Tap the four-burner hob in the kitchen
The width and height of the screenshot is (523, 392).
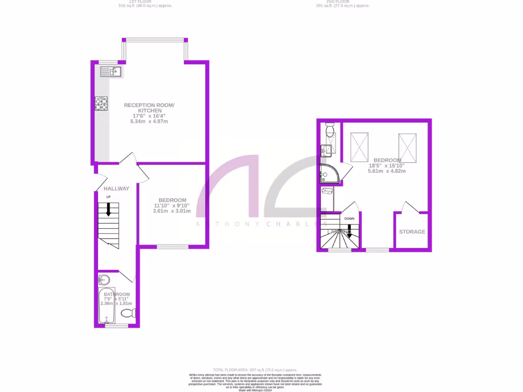coord(101,104)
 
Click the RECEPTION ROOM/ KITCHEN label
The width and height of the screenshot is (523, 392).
coord(149,108)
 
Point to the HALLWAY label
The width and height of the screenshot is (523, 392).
coord(116,188)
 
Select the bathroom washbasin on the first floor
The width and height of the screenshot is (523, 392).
coord(104,280)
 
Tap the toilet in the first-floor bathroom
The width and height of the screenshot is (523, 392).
coord(130,312)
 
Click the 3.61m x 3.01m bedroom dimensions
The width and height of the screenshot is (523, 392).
coord(172,211)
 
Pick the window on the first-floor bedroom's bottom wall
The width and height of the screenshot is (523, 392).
coord(172,248)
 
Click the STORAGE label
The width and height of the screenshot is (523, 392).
coord(412,232)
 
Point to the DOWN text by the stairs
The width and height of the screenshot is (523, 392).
coord(349,218)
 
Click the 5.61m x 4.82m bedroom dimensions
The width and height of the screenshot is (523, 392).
coord(387,171)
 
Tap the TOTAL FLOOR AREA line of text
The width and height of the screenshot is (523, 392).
coord(255,370)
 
